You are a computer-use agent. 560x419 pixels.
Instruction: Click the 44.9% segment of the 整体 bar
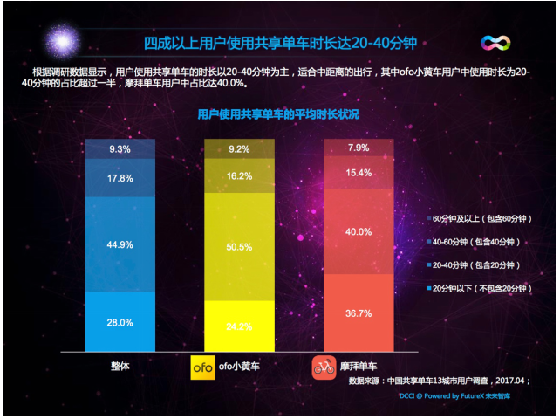click(x=120, y=244)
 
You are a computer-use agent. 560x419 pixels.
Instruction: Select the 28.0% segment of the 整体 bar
click(x=120, y=322)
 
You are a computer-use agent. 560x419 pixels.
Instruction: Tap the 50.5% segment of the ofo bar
click(x=240, y=247)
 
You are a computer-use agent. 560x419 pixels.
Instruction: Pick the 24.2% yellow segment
click(x=240, y=326)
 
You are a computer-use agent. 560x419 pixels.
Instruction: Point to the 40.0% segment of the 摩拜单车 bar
click(x=359, y=231)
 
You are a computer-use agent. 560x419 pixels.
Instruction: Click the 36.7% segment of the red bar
click(x=359, y=313)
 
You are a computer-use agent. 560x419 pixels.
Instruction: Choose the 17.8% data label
click(x=120, y=179)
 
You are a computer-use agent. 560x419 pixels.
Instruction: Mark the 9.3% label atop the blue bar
click(x=120, y=149)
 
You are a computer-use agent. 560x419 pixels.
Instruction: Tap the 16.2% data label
click(x=240, y=175)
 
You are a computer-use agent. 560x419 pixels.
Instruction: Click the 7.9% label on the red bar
click(x=359, y=147)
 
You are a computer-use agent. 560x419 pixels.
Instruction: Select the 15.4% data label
click(x=359, y=172)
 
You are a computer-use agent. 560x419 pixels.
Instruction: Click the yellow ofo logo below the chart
click(x=202, y=368)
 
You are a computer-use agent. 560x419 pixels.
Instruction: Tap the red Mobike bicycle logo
click(x=324, y=368)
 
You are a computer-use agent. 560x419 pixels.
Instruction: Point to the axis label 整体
click(x=120, y=367)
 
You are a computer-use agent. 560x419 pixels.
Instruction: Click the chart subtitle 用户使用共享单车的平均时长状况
click(x=278, y=114)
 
